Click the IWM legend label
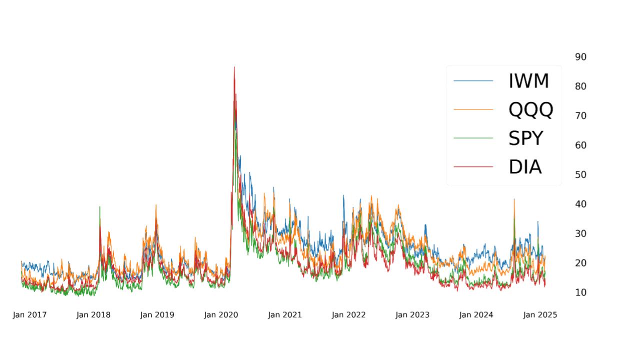click(528, 81)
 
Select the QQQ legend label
click(530, 109)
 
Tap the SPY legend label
click(525, 138)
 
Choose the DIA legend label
click(525, 167)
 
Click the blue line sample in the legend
click(473, 81)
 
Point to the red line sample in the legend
click(473, 167)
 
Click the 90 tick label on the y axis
click(580, 57)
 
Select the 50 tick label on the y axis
click(580, 174)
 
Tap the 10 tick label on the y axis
click(580, 292)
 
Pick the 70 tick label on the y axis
click(580, 115)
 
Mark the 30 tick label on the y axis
click(580, 233)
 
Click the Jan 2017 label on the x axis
click(29, 315)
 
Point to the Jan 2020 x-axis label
click(221, 315)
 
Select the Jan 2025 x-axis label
click(540, 315)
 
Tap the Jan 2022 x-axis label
click(348, 315)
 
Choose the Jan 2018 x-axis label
click(93, 315)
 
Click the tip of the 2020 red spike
click(234, 67)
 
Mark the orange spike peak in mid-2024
click(514, 199)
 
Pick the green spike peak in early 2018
click(99, 206)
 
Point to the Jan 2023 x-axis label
click(412, 315)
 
